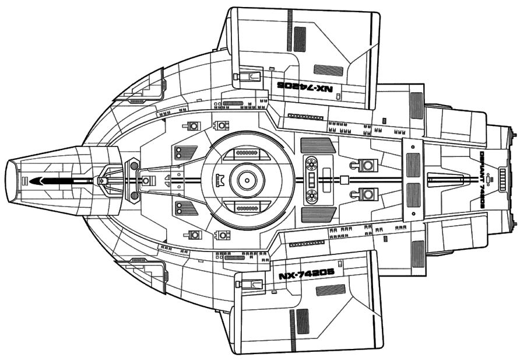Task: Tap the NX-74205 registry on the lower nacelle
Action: pos(305,275)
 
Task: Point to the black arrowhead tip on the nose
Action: pos(32,181)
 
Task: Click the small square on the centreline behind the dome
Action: pos(345,180)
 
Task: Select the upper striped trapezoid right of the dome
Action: pos(318,145)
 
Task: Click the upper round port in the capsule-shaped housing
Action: pos(311,165)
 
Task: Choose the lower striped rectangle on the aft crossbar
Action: pos(413,195)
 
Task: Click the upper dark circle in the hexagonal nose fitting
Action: pos(135,166)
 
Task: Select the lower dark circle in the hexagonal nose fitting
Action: pos(135,195)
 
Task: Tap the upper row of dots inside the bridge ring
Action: pos(247,153)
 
